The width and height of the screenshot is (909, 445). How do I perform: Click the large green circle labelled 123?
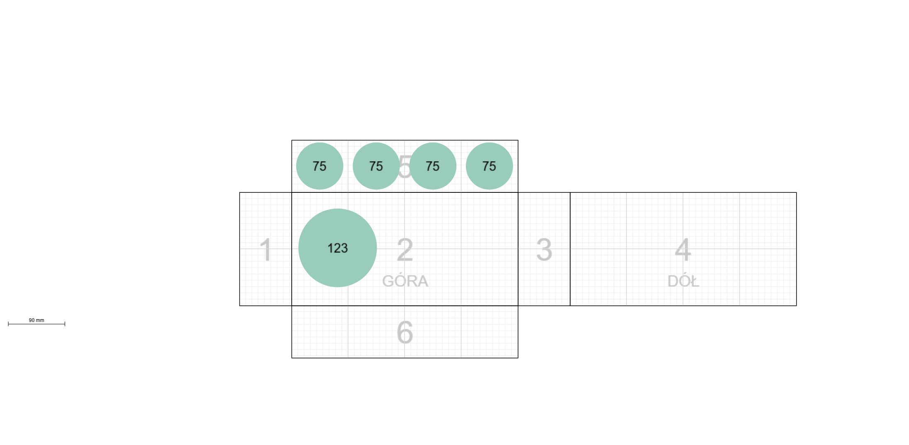point(337,248)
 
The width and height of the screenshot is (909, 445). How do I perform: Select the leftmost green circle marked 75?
point(319,166)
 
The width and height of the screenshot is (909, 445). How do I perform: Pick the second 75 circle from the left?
point(376,166)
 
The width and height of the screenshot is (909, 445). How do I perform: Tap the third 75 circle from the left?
point(433,166)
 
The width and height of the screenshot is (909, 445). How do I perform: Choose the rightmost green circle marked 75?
point(489,166)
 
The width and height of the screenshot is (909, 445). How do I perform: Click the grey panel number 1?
point(266,250)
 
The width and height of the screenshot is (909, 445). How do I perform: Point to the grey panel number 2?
point(405,250)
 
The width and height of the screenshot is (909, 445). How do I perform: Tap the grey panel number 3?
point(544,250)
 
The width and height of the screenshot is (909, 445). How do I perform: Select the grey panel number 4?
point(683,250)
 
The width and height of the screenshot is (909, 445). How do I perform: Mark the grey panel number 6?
point(405,332)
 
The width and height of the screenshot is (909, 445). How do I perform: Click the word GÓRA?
point(405,281)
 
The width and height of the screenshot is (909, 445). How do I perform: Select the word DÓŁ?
point(683,281)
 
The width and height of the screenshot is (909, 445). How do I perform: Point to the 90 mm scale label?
point(37,320)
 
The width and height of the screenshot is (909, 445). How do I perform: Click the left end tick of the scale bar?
point(8,324)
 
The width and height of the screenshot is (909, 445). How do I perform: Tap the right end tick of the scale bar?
point(65,324)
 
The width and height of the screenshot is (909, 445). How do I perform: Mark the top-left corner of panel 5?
point(292,140)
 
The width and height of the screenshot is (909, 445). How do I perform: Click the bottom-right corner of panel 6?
point(518,358)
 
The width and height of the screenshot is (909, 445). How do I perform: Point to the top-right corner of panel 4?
point(796,192)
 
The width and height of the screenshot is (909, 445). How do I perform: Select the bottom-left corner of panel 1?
point(240,306)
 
